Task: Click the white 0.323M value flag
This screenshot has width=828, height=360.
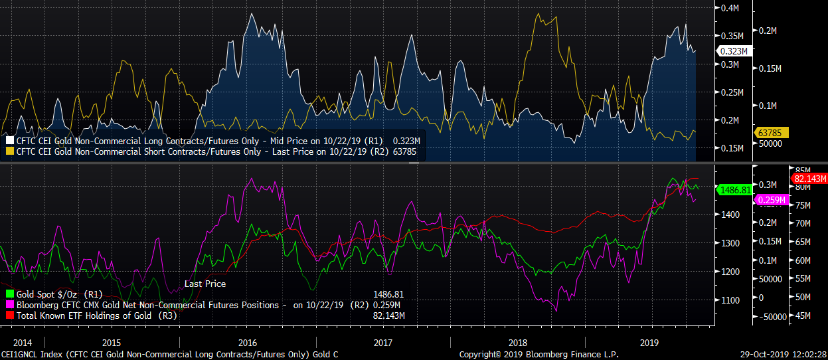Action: [x=734, y=50]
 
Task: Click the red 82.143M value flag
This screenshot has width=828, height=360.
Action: [x=809, y=179]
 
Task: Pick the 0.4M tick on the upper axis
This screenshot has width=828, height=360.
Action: [x=730, y=8]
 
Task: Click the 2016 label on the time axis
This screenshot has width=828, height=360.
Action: [x=247, y=343]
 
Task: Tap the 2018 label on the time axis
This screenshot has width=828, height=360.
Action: [x=518, y=343]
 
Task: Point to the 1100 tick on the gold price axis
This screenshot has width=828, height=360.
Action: [x=730, y=300]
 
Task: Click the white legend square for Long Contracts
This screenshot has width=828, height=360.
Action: [x=9, y=141]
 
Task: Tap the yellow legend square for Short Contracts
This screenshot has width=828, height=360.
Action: [x=9, y=151]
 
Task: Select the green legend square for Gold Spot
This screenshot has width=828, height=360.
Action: [x=9, y=294]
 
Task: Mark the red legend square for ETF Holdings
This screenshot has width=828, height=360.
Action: [x=9, y=315]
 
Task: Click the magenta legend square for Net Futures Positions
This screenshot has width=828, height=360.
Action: [x=9, y=305]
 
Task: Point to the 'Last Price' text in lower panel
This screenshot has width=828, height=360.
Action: [x=205, y=284]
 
